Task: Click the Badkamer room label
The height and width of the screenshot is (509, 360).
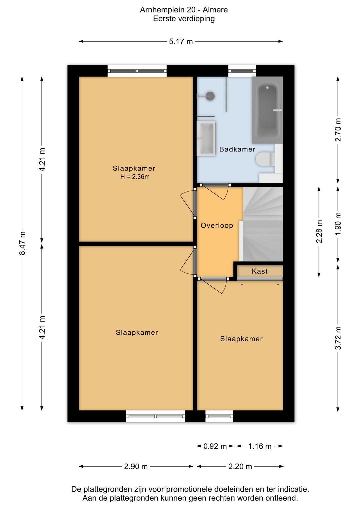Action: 237,149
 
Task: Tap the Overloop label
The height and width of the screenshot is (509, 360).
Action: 217,225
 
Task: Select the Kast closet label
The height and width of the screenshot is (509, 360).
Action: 260,271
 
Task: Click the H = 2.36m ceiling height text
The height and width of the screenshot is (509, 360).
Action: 135,177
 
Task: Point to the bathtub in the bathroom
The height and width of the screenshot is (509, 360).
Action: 267,110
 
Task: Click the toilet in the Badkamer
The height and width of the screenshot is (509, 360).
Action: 266,159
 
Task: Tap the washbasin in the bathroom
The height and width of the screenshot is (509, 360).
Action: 206,138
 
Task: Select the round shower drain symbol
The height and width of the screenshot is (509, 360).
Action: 211,96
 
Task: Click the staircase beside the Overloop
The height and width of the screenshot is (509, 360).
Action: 263,224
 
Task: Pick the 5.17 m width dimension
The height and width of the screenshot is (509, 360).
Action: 181,42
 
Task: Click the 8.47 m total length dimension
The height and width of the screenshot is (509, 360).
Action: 22,243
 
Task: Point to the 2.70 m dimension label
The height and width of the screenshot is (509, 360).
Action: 338,130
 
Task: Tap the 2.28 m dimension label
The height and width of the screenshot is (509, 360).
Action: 319,231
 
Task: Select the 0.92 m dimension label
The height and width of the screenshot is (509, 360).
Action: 215,446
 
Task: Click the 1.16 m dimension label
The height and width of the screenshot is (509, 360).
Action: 260,446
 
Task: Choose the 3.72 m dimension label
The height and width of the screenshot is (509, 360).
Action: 338,338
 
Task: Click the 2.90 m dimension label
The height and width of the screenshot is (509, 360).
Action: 136,467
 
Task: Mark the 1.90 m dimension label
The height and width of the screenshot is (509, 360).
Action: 338,224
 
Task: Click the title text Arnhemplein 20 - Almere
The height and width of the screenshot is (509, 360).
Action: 184,10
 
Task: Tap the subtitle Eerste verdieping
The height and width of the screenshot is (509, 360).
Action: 184,19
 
